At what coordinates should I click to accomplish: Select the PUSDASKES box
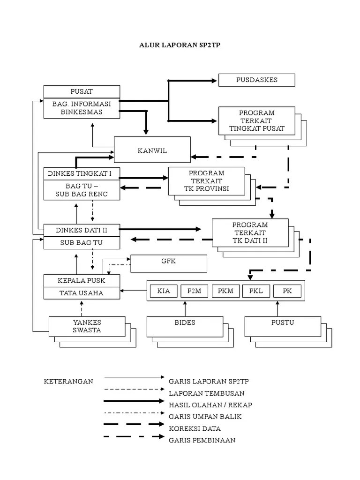[256, 80]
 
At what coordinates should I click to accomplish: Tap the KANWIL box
[152, 150]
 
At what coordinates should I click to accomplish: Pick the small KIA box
[164, 291]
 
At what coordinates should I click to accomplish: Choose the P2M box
[194, 291]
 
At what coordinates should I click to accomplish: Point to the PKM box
[225, 291]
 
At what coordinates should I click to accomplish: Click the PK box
[287, 291]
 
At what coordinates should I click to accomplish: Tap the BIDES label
[185, 322]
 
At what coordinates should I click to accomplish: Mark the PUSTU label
[283, 322]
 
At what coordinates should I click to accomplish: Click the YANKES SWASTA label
[87, 326]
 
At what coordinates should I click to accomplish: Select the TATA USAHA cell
[81, 293]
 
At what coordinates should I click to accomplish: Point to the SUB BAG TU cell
[81, 243]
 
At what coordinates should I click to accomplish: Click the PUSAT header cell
[81, 91]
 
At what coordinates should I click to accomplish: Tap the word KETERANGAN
[68, 381]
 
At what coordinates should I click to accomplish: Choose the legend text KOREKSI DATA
[195, 428]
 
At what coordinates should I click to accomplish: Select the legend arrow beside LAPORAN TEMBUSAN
[135, 389]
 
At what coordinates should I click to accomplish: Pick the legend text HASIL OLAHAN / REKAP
[207, 405]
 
